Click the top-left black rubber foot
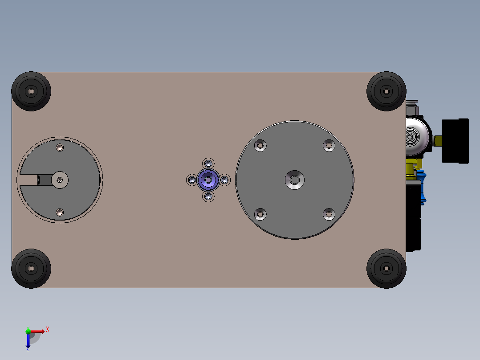31,91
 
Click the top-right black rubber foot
386,91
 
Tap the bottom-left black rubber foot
31,269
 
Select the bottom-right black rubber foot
386,269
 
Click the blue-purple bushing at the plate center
208,180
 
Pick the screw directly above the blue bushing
208,164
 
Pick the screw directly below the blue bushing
208,196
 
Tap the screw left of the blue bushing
192,180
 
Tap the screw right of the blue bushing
225,180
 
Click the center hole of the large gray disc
295,180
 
